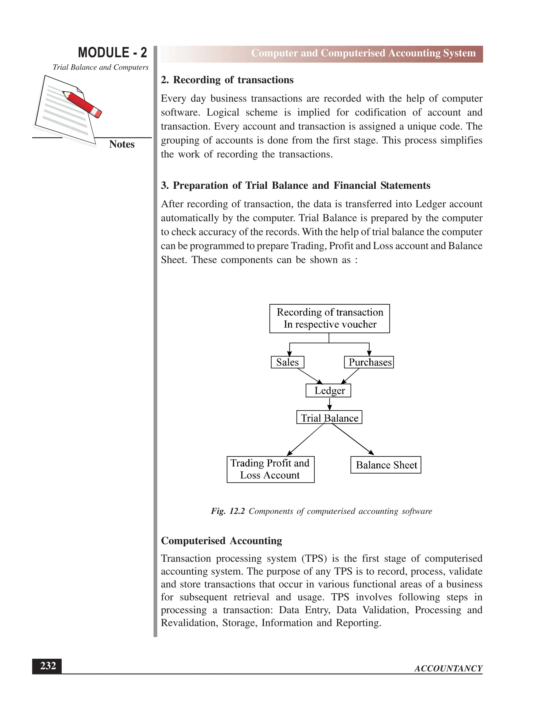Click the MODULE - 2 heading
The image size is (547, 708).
[x=112, y=53]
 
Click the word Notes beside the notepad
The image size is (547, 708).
[x=122, y=144]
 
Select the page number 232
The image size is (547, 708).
[x=47, y=666]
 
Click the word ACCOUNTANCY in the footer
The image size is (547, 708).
[x=448, y=668]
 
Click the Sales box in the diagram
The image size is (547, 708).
[x=287, y=362]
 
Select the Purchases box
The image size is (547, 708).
[x=369, y=362]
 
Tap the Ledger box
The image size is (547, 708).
[x=328, y=391]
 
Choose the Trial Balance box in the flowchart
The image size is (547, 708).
[x=329, y=418]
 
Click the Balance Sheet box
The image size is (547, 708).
[x=386, y=465]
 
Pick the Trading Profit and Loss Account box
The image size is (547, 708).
[x=270, y=469]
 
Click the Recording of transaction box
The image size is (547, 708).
[x=330, y=318]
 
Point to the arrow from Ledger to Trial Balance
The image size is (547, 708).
[x=330, y=404]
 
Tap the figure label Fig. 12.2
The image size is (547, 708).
[x=228, y=511]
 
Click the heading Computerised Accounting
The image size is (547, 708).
[x=221, y=541]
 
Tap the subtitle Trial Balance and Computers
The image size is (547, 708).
[x=100, y=67]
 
